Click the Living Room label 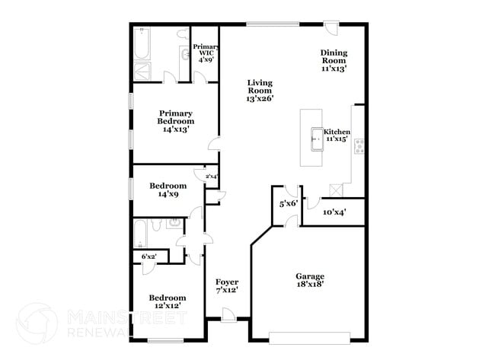(x=260, y=90)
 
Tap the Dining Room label (x=334, y=60)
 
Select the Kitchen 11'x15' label (x=337, y=135)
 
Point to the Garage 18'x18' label (x=310, y=280)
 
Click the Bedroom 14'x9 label (x=168, y=190)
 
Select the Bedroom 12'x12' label (x=167, y=301)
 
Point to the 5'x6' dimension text (x=287, y=204)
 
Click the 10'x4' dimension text (x=334, y=212)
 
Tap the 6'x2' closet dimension (x=149, y=256)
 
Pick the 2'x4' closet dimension (x=211, y=177)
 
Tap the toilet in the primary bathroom (x=183, y=35)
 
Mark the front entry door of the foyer (x=227, y=315)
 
